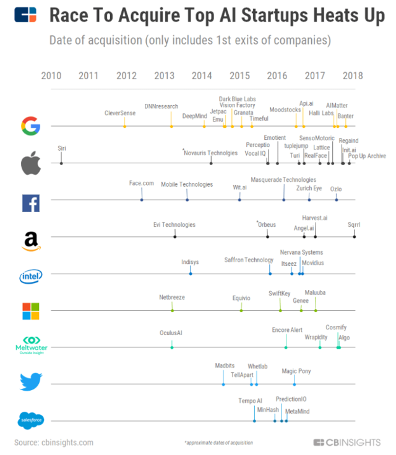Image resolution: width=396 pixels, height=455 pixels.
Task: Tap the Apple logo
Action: click(30, 164)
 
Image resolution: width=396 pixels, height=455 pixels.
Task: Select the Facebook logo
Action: click(30, 202)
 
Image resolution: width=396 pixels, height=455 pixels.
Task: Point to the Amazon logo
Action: click(30, 239)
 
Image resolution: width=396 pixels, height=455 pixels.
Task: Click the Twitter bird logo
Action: click(30, 382)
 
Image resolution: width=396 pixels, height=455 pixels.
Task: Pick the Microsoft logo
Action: click(30, 311)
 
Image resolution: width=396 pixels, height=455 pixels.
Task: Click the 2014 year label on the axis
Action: click(202, 76)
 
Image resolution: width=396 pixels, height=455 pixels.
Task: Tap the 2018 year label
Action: click(353, 76)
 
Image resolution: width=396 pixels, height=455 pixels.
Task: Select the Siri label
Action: click(61, 148)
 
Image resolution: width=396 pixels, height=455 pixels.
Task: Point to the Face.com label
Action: click(141, 184)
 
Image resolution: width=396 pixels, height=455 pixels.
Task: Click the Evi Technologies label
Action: click(174, 225)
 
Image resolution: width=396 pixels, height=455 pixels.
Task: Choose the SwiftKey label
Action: click(280, 294)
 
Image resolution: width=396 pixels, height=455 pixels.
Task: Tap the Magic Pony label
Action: click(296, 372)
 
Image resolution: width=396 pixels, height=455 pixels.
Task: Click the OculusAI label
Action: click(171, 333)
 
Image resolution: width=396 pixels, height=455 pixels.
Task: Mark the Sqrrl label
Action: click(354, 225)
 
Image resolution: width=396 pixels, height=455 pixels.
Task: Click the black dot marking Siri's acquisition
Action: click(61, 163)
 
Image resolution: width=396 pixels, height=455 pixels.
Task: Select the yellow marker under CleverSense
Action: click(125, 126)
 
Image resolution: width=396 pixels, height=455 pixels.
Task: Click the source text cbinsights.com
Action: click(54, 443)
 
